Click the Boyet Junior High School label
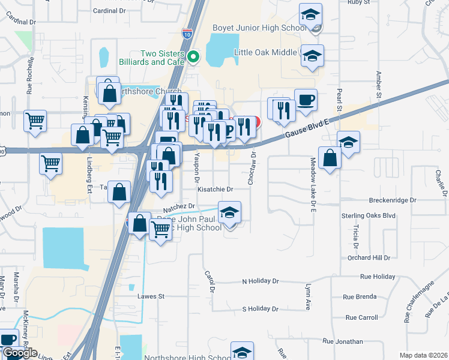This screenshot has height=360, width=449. (260, 28)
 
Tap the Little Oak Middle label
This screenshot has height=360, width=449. (265, 52)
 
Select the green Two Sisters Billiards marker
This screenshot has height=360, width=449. (193, 57)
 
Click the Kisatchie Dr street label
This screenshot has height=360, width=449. (215, 188)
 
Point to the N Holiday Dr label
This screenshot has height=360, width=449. (261, 281)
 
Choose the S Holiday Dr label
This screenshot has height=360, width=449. (261, 309)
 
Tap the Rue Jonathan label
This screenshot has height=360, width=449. (342, 341)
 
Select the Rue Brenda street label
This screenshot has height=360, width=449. (360, 296)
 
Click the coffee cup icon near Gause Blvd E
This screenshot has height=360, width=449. (306, 100)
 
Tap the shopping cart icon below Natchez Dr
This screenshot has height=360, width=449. (160, 228)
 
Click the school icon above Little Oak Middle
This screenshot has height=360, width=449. (310, 14)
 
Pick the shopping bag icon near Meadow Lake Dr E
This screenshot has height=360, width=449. (330, 158)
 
